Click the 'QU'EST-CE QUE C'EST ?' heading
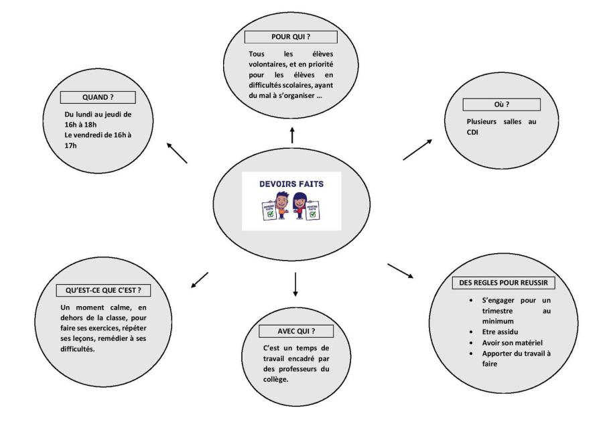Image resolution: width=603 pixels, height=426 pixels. coord(103,291)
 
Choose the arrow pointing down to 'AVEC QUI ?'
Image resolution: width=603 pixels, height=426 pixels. coord(294,285)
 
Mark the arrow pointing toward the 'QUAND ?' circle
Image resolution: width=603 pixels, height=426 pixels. coord(177,153)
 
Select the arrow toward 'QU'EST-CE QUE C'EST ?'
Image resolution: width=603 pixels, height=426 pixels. coord(200,279)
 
